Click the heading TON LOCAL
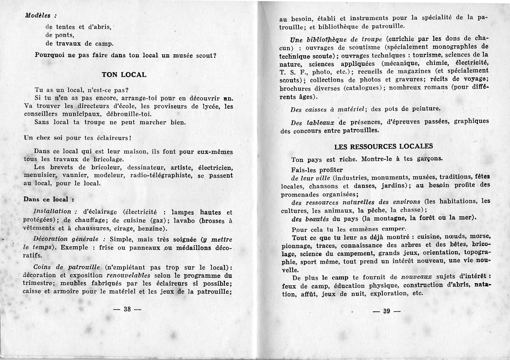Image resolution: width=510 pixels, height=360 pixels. pos(124,75)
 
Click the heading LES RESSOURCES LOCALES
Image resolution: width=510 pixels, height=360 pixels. pos(383,147)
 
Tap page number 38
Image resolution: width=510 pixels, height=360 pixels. pos(127,309)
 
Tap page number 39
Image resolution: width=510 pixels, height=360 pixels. pos(386,311)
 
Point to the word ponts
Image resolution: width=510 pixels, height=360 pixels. pos(64,35)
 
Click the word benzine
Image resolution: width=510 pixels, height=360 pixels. pos(151,229)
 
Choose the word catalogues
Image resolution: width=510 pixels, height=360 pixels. pos(362,88)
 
